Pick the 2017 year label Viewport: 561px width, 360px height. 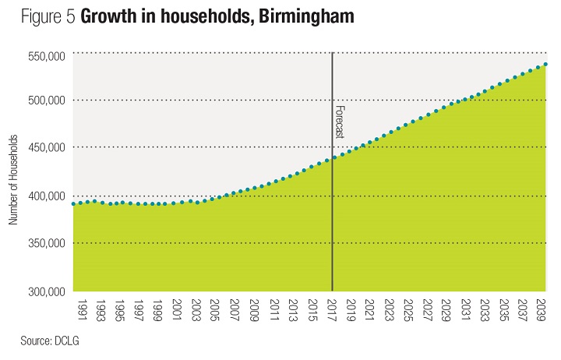tap(332, 309)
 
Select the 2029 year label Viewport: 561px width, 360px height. tap(447, 309)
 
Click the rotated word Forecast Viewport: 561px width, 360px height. tap(340, 122)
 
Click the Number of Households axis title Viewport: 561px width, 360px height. tap(14, 179)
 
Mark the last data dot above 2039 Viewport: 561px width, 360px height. tap(545, 64)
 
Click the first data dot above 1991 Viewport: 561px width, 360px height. tap(73, 204)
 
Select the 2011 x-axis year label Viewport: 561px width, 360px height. tap(273, 309)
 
